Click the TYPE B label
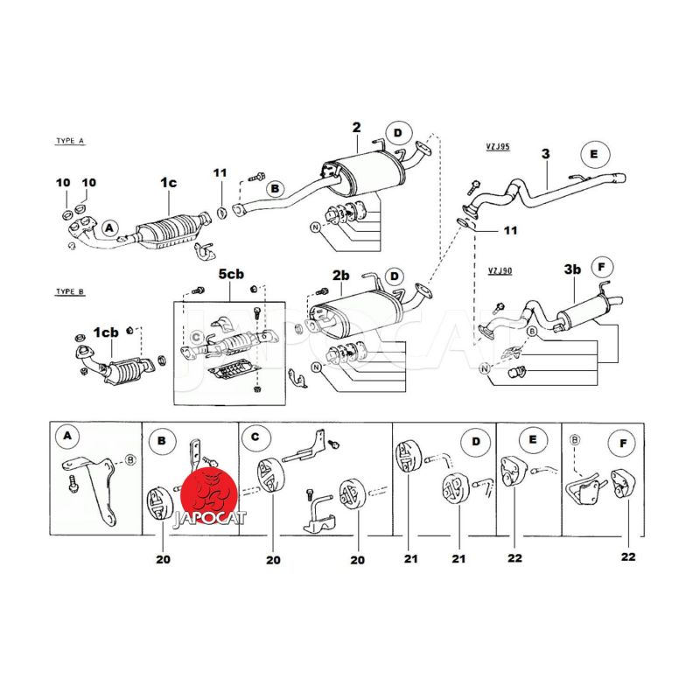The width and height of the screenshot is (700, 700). point(69,291)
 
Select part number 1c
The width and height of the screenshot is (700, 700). point(168,182)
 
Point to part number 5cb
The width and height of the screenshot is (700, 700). point(231,275)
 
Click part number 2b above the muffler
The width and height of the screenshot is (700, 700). point(340,276)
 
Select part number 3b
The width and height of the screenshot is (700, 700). point(571,270)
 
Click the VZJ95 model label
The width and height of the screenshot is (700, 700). point(499,147)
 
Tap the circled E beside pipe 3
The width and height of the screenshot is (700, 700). point(593,154)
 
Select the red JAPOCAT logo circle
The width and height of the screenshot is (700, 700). point(209,491)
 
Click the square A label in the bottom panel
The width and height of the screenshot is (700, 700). point(67,434)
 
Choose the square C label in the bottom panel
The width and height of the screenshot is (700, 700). point(255,434)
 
